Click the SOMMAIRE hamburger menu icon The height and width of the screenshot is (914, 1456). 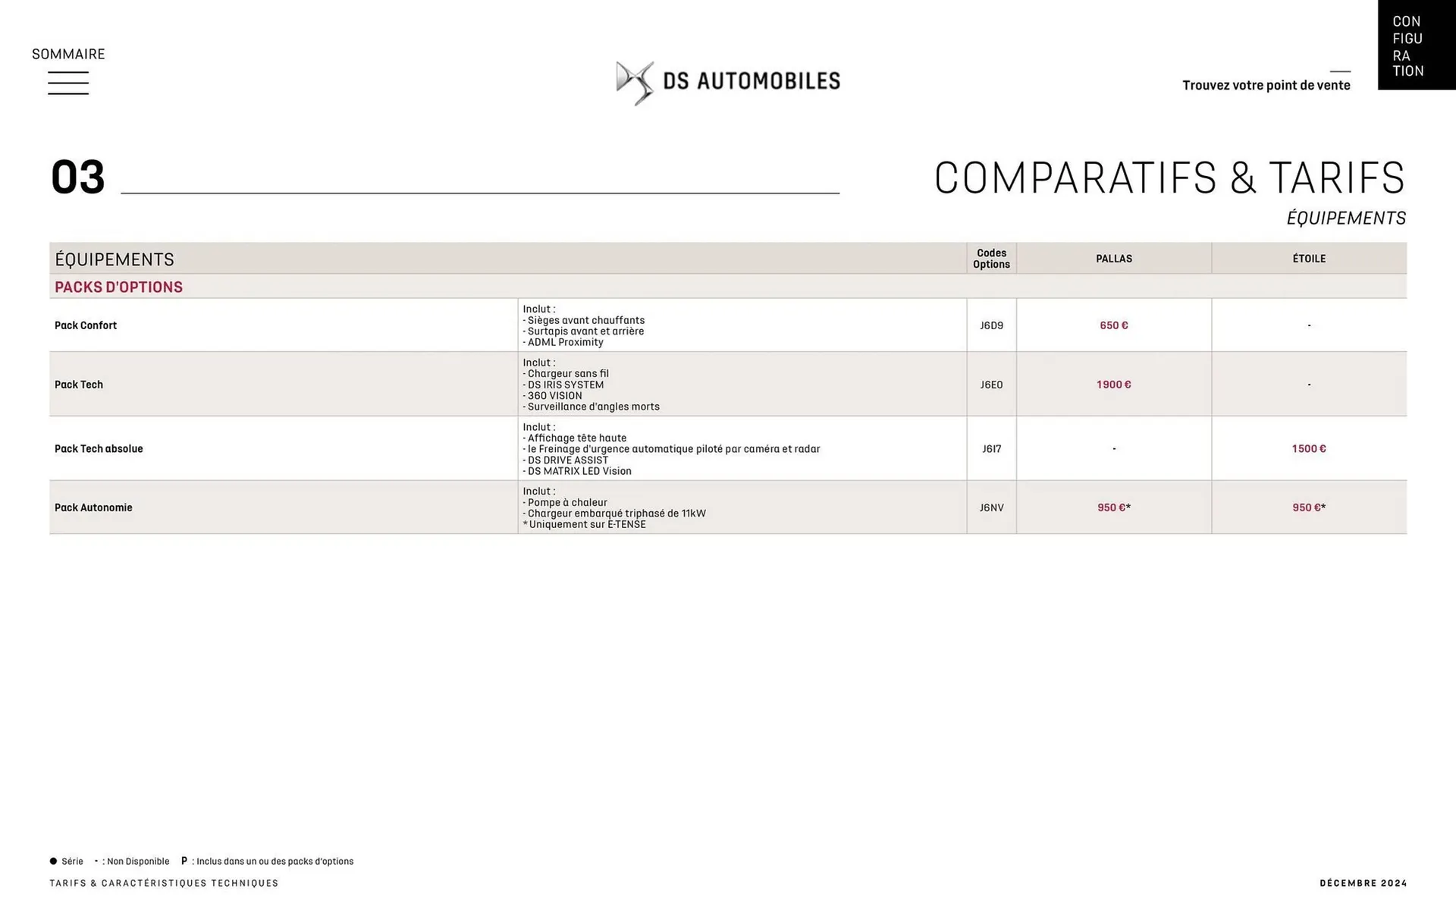[68, 83]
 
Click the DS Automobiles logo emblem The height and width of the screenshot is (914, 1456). [634, 83]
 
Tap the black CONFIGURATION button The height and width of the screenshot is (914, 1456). [1415, 46]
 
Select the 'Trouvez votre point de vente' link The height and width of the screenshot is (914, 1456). [1266, 85]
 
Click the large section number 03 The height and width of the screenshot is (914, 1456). [77, 178]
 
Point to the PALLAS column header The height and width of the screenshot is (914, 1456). [1113, 259]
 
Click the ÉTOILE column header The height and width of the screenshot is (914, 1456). [1309, 259]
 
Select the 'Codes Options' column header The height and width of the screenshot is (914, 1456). [991, 259]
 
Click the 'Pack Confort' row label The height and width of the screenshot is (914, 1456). [86, 325]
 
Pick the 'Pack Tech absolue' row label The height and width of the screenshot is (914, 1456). [99, 449]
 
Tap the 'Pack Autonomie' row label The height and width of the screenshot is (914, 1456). [93, 507]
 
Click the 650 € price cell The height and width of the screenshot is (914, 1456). [1113, 325]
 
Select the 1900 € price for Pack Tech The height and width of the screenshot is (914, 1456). [1113, 385]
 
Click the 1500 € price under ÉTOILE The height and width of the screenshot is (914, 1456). [1309, 449]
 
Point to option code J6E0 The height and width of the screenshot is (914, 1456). [991, 385]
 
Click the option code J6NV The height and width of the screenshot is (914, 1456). [991, 507]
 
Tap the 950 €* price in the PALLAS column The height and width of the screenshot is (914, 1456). [1113, 507]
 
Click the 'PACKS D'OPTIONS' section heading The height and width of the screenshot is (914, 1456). [119, 287]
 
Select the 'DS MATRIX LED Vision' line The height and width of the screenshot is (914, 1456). [579, 471]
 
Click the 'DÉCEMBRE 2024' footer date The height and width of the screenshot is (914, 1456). [1363, 883]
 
